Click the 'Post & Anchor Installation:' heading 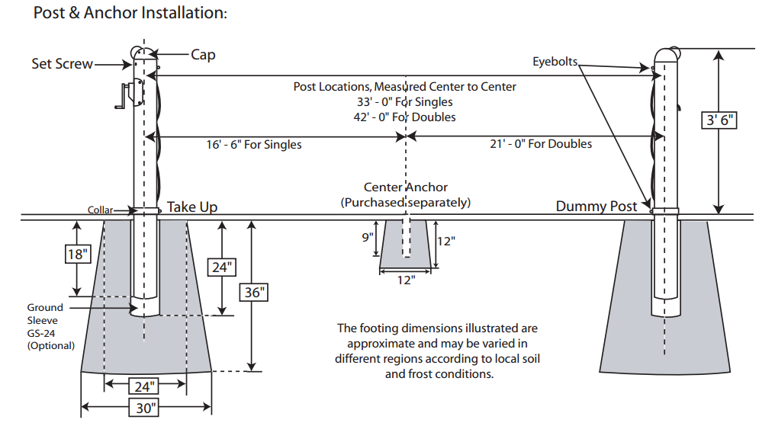pos(130,14)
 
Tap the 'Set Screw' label pos(62,64)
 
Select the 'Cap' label pos(202,55)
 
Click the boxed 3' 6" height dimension pos(719,120)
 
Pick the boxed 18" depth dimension pos(76,254)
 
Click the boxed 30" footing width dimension pos(145,408)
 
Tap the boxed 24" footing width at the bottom pos(145,386)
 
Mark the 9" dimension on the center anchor pos(367,237)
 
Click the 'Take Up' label pos(192,207)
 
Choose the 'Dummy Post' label pos(596,207)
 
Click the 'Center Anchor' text pos(405,187)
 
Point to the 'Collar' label pos(100,210)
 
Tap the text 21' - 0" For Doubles pos(541,143)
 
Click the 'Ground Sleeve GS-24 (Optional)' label pos(50,326)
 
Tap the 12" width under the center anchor pos(406,280)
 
